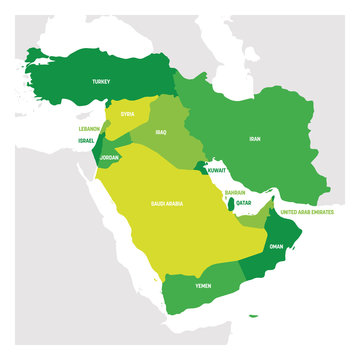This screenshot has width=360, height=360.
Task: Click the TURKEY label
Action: [x=100, y=81]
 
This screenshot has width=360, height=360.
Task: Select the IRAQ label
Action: [x=161, y=131]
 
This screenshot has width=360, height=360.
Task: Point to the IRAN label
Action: [x=254, y=141]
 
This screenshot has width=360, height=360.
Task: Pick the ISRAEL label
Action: [x=88, y=141]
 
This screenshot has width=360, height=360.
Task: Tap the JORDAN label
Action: [x=112, y=157]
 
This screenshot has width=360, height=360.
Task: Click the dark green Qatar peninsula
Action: [x=233, y=204]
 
